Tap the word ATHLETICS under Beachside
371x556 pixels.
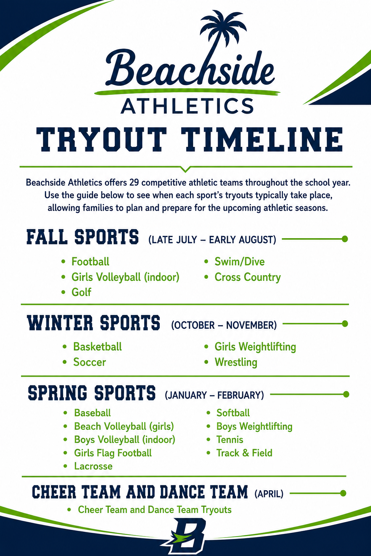[187, 106]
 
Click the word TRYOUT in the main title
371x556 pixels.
[101, 139]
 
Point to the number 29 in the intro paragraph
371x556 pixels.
[134, 183]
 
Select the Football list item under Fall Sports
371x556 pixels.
[90, 262]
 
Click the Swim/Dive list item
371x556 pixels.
[239, 262]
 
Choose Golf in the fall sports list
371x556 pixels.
[81, 292]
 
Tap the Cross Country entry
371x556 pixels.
[247, 277]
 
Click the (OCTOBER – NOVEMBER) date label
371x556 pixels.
[224, 325]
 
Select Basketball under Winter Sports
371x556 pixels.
[97, 347]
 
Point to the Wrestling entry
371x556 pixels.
[236, 362]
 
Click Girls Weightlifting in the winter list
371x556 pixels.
[255, 347]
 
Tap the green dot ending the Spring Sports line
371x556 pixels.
[346, 394]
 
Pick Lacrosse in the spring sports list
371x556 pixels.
[93, 466]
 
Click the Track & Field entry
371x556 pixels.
[244, 453]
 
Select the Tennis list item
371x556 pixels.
[230, 439]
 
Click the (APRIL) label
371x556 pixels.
[269, 494]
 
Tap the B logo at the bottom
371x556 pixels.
[185, 536]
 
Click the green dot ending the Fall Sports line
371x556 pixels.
[345, 239]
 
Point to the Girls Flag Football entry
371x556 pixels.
[113, 453]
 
